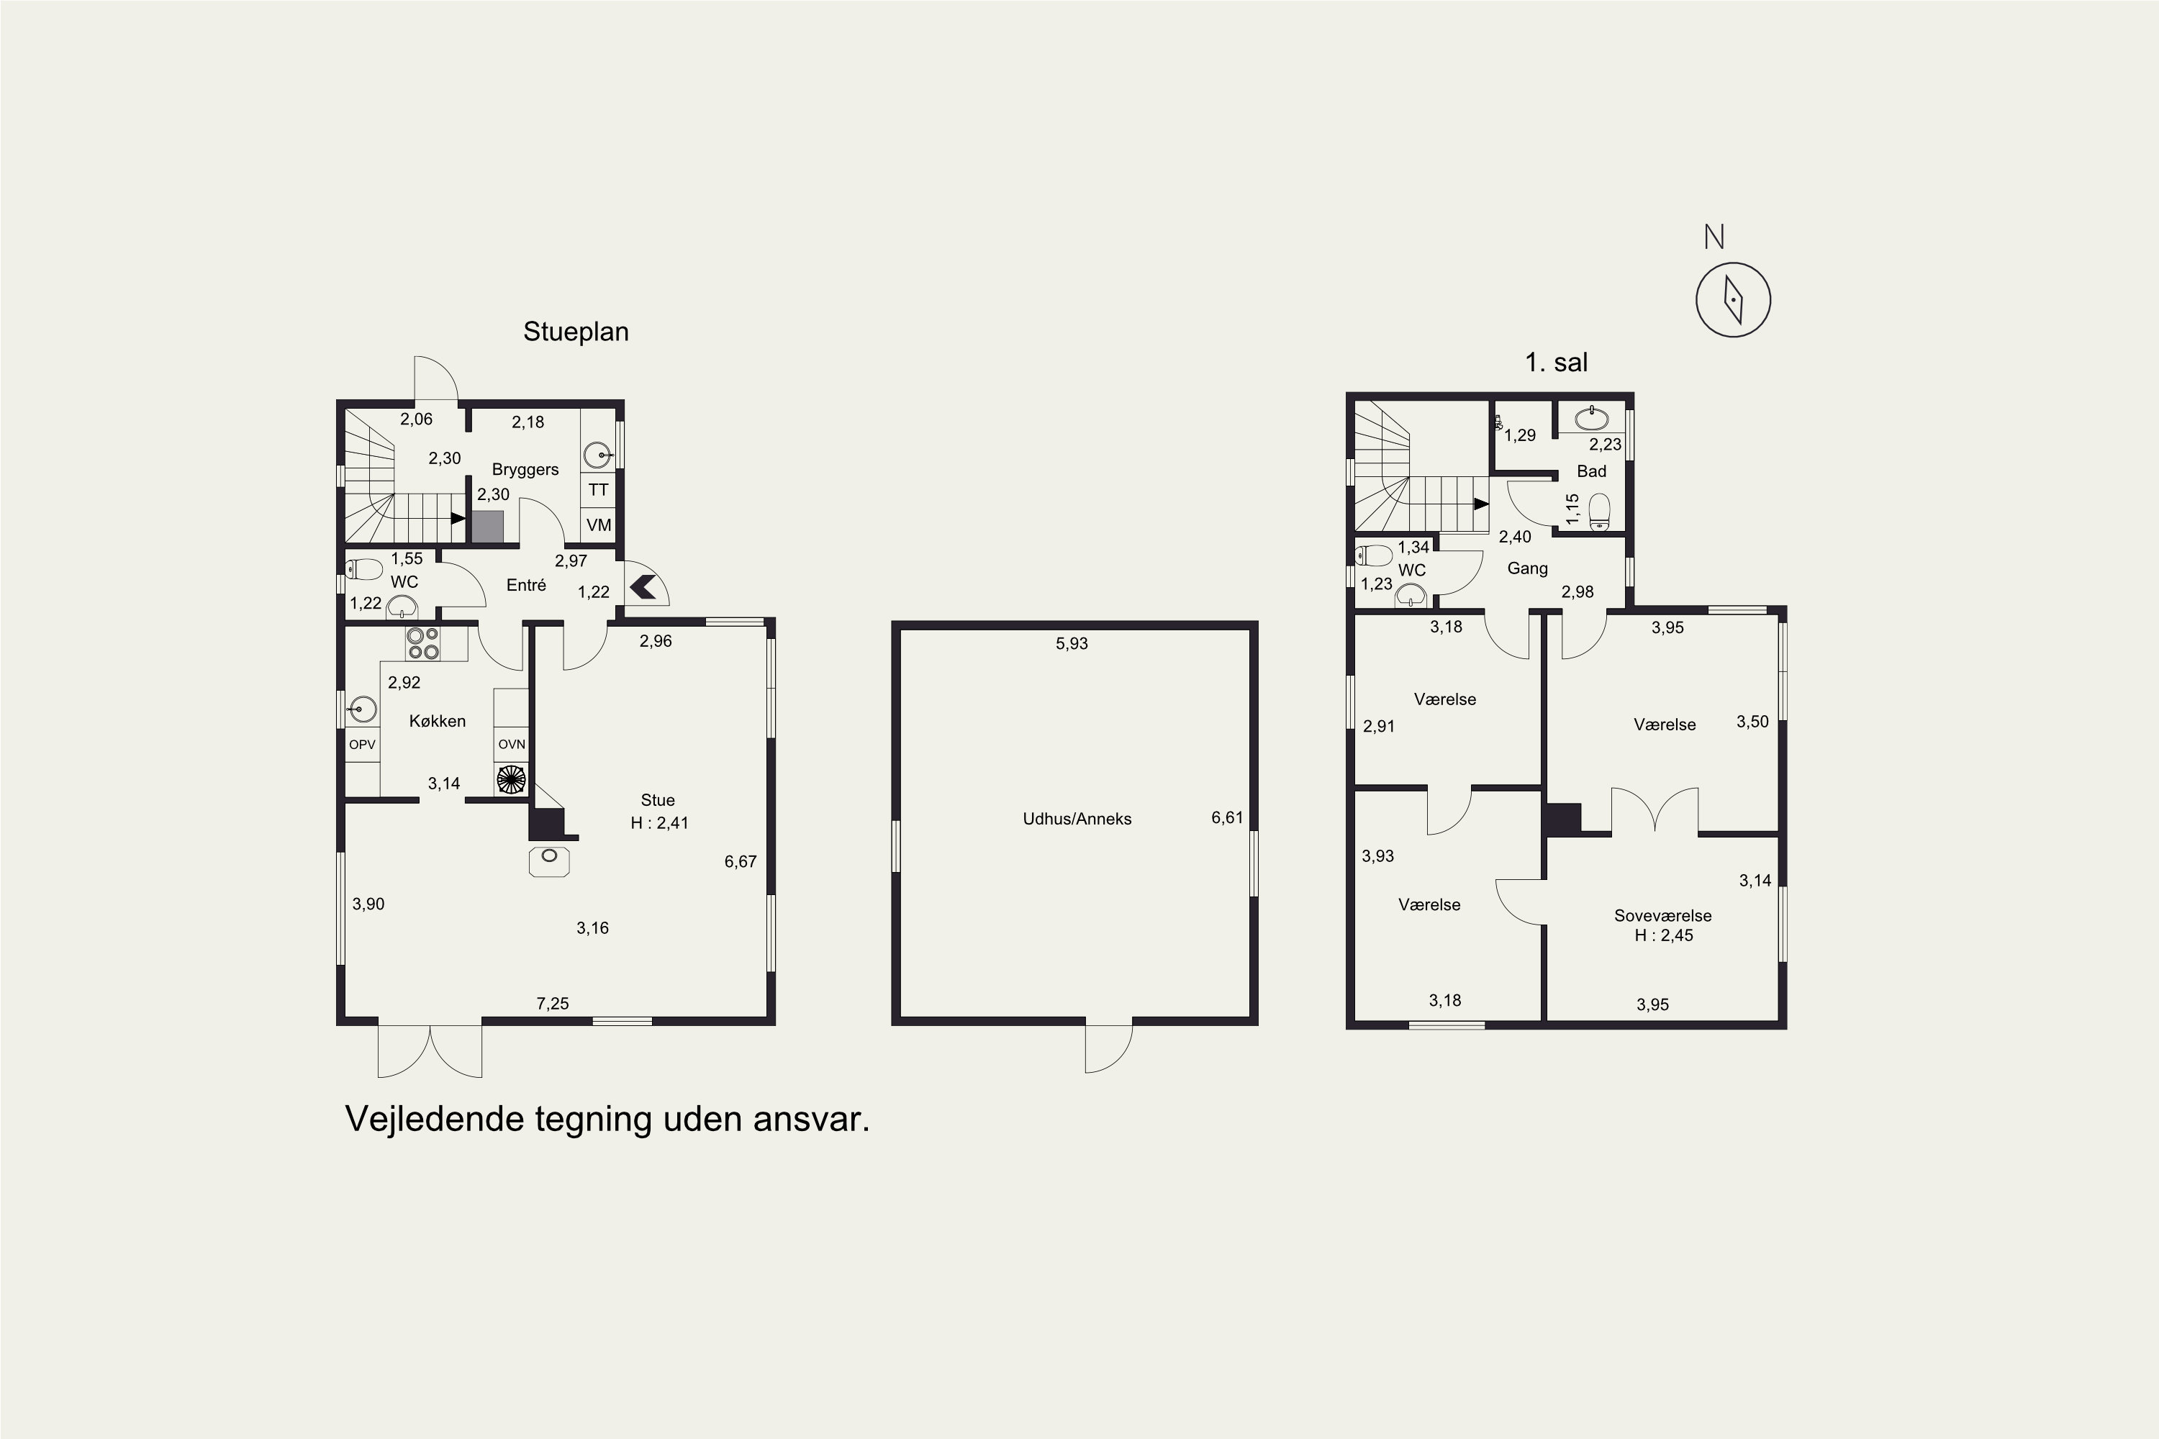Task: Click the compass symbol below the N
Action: [1732, 300]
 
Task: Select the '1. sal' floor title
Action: [1556, 363]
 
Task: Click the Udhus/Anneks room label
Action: [1077, 819]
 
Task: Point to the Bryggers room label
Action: [525, 470]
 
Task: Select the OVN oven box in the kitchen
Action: [511, 744]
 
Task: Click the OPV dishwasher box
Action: [363, 744]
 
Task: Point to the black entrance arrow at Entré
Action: [643, 586]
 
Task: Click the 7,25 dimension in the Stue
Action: [553, 1004]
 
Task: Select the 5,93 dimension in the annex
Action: [1072, 643]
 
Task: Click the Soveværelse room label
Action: [1662, 916]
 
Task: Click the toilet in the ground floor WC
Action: [363, 569]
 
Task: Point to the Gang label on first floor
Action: [1527, 569]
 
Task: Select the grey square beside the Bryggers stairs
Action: [487, 527]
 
